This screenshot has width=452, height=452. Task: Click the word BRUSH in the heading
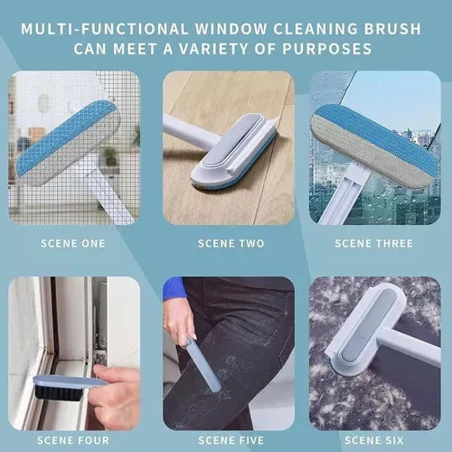point(392,29)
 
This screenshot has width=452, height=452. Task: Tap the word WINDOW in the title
point(231,29)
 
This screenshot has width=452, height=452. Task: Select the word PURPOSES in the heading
point(326,49)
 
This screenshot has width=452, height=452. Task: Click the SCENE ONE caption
point(73,243)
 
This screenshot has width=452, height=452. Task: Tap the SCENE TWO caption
point(231,243)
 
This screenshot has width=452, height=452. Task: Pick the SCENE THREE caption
point(374,243)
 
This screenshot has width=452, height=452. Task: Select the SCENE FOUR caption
point(73,440)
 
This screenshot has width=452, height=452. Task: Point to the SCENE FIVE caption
point(231,440)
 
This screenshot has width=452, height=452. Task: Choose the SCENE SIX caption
point(374,440)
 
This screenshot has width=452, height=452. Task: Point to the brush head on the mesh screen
point(68,143)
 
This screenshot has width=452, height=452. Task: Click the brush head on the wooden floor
point(233,152)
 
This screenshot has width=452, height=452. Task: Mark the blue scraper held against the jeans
point(202,365)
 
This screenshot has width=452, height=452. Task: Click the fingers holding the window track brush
point(115,396)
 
